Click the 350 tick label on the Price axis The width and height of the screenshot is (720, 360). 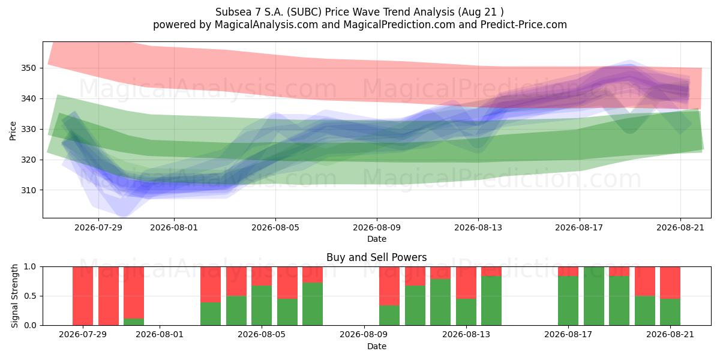pos(28,68)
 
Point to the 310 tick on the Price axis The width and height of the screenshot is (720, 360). pos(28,190)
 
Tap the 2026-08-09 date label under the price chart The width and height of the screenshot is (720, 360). pos(377,227)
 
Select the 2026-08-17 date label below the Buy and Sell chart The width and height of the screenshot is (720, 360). pos(568,334)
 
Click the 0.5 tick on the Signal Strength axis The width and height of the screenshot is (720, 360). pos(30,296)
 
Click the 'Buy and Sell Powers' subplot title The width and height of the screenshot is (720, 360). pos(377,257)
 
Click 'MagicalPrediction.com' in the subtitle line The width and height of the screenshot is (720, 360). pos(399,25)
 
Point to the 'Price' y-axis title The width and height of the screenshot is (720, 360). pos(13,131)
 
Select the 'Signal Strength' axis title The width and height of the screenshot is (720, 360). pos(14,296)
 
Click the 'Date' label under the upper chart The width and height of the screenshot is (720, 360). pos(377,239)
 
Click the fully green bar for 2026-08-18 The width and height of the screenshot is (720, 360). pos(593,296)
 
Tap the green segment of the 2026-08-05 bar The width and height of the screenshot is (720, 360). pos(262,305)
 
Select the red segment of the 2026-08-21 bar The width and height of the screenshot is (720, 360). pos(670,283)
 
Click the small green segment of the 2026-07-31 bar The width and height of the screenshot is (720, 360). pos(134,322)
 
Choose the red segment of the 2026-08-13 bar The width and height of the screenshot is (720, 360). pos(466,283)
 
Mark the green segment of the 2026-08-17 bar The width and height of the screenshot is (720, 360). pos(568,301)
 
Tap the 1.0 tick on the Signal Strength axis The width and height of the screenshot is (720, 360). pos(30,267)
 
